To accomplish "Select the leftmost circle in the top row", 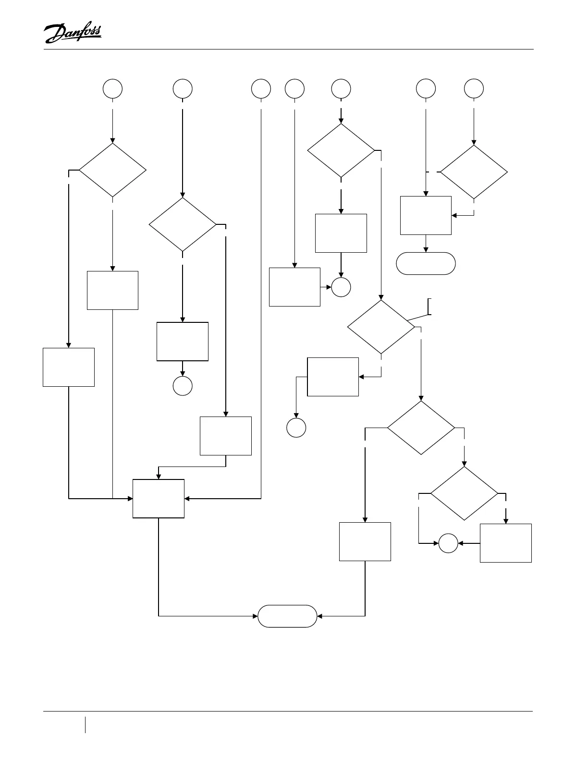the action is [x=112, y=89].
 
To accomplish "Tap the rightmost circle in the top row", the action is [x=474, y=89].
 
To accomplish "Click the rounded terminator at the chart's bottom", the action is [x=287, y=616].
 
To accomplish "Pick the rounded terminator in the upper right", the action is [x=426, y=263].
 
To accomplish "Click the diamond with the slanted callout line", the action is [x=381, y=327].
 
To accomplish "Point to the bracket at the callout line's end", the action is [x=429, y=307].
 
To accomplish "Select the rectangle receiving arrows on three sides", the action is [x=159, y=499].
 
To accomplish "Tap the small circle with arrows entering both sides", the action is [x=448, y=543].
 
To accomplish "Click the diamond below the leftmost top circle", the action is [x=112, y=170].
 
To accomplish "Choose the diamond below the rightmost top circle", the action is [x=474, y=172].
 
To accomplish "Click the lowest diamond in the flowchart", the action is [x=464, y=493].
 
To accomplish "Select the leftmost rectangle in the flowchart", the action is [x=69, y=367].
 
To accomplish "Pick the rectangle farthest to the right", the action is [x=506, y=543].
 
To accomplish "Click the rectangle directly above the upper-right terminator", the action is [x=426, y=215].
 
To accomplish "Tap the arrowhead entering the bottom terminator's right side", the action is [x=320, y=616].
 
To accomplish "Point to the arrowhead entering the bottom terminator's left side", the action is [x=255, y=616].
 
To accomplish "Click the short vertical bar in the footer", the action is [x=86, y=724].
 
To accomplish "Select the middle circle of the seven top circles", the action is [x=294, y=89].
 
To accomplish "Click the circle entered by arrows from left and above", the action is [x=341, y=287].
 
